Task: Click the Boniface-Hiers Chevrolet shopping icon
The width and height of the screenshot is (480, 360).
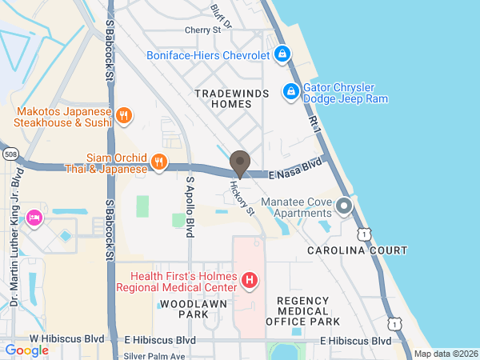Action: click(x=282, y=54)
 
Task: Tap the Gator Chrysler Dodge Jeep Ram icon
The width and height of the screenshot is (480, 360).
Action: click(x=292, y=92)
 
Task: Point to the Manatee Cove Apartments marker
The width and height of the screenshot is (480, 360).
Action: click(x=344, y=206)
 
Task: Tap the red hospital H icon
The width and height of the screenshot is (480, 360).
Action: click(x=250, y=281)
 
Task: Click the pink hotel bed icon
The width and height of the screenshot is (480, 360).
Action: click(x=34, y=217)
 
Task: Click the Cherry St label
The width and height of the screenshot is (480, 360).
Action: click(x=202, y=30)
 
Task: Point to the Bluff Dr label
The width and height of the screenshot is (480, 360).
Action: click(x=221, y=14)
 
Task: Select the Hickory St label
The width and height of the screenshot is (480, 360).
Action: click(x=242, y=199)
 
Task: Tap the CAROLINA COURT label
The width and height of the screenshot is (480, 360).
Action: click(x=357, y=250)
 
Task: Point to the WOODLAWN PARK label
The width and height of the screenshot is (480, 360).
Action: click(x=184, y=310)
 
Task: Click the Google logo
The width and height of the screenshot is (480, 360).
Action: click(x=27, y=350)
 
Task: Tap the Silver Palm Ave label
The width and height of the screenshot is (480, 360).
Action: click(x=154, y=355)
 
